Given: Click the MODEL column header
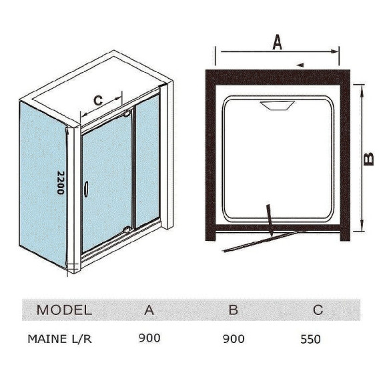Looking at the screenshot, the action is point(64,310).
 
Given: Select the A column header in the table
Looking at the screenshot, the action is point(149,310).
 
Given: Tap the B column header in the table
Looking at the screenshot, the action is point(234,310).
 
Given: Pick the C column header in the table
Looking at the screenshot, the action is point(318,310).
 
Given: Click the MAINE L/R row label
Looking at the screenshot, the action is point(60,339).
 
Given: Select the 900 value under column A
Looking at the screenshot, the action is point(149,338).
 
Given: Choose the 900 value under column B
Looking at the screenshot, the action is point(234,339).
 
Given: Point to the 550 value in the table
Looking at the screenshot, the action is point(310,339).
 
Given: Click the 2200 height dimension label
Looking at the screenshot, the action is point(61,183).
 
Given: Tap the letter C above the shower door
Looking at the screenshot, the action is point(98,101).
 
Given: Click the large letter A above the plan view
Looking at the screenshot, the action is point(277,42).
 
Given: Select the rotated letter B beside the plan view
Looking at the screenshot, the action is point(369,159).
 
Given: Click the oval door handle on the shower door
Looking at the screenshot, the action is point(86,189).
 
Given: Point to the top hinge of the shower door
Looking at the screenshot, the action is point(127,113).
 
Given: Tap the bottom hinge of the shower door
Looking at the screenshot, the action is point(127,230).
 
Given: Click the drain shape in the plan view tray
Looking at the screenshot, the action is point(277,106).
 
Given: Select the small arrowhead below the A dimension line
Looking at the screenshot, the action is point(300,65).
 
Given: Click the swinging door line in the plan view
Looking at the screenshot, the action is point(265,242).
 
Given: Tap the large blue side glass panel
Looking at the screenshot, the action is point(43,184).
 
